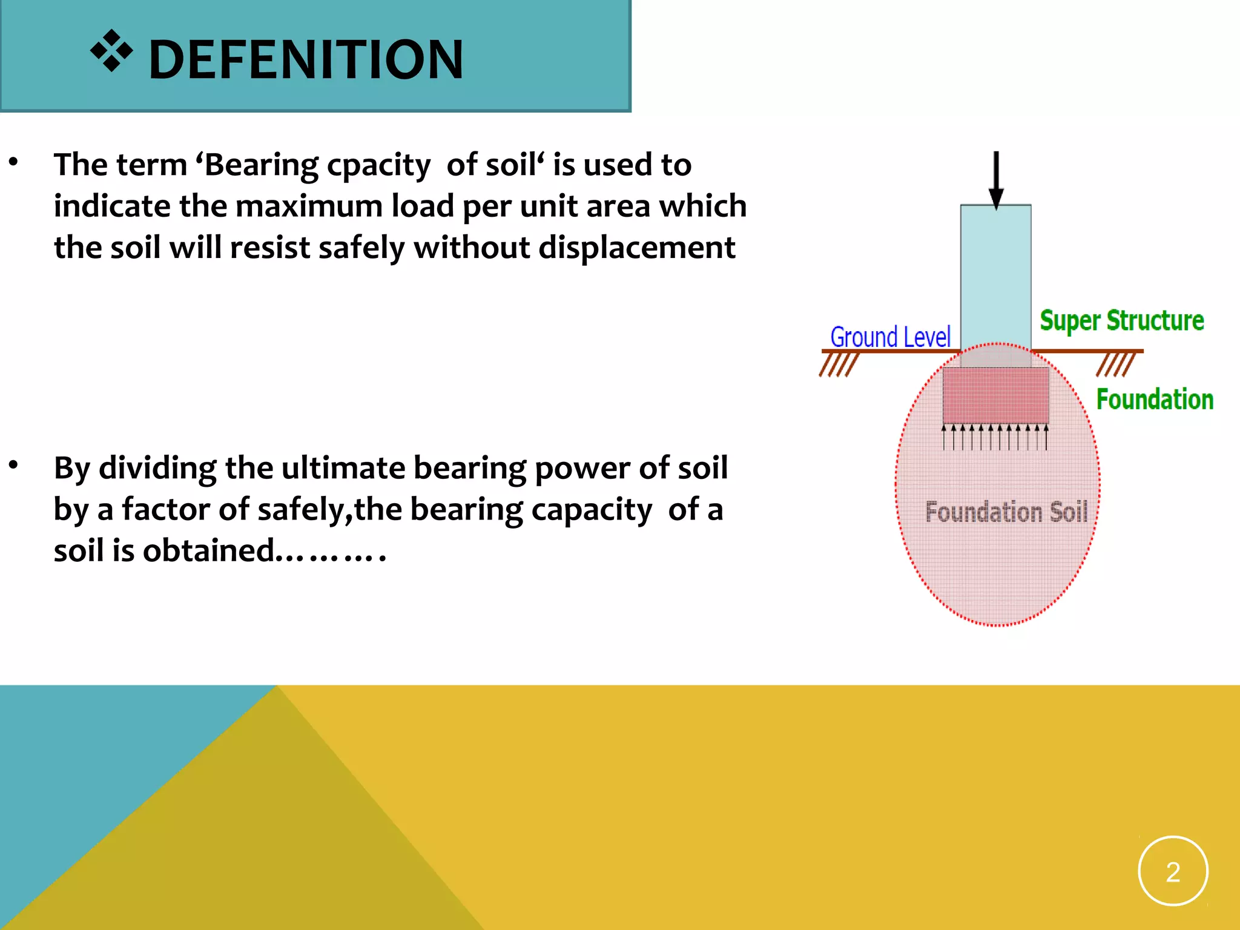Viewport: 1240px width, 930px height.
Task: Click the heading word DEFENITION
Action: pyautogui.click(x=306, y=59)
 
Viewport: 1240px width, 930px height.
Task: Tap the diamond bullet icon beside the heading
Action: pyautogui.click(x=111, y=51)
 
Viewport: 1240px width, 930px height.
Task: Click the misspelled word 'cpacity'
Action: pyautogui.click(x=378, y=165)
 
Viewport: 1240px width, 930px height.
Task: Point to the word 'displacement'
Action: pyautogui.click(x=637, y=248)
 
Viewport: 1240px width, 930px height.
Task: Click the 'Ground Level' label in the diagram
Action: pyautogui.click(x=890, y=337)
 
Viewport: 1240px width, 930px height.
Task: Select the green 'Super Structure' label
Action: pyautogui.click(x=1122, y=320)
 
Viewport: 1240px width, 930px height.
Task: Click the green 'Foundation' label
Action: pyautogui.click(x=1155, y=400)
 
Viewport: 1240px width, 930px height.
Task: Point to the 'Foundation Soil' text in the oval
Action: pyautogui.click(x=1006, y=512)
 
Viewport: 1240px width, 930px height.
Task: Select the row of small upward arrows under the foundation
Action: pyautogui.click(x=995, y=437)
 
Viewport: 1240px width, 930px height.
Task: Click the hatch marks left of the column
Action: pyautogui.click(x=839, y=364)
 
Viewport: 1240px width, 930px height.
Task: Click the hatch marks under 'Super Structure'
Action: pyautogui.click(x=1115, y=364)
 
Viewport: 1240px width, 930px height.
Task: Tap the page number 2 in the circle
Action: pyautogui.click(x=1173, y=872)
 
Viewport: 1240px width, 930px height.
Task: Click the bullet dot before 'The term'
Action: pyautogui.click(x=13, y=162)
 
